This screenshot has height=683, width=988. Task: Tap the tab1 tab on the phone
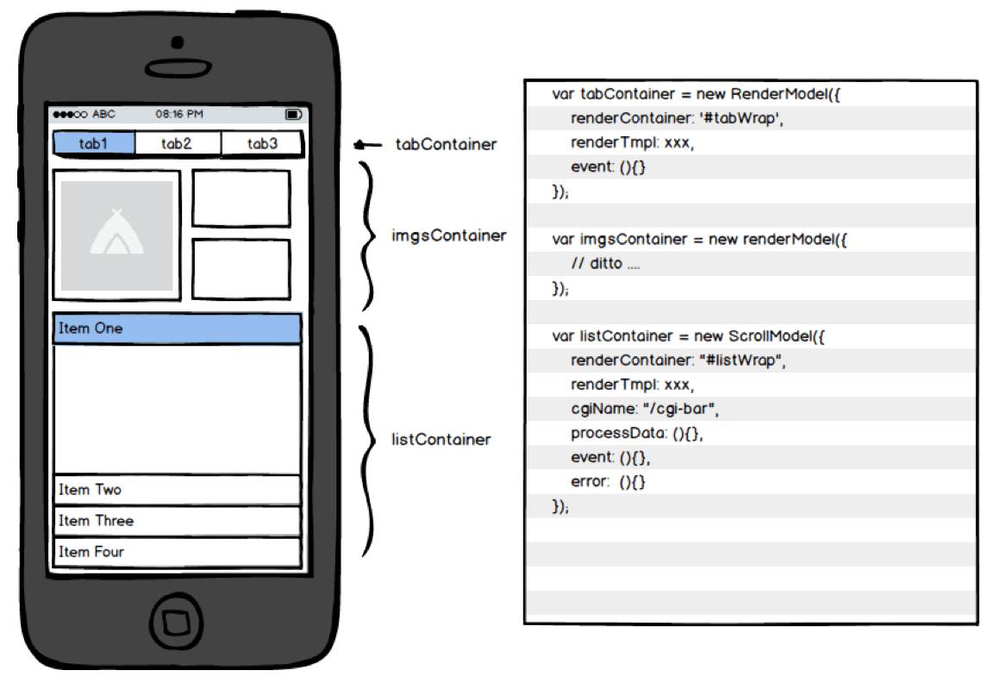[x=94, y=144]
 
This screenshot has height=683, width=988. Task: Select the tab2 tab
[x=177, y=144]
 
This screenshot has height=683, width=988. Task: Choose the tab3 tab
[x=262, y=144]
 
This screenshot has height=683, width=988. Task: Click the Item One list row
[x=177, y=329]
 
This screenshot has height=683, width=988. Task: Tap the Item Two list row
[x=177, y=490]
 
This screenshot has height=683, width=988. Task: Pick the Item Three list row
[x=177, y=521]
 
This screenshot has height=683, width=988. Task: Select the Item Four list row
[x=177, y=552]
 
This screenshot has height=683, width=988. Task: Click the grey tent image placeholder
[x=116, y=235]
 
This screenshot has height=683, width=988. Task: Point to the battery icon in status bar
[x=293, y=114]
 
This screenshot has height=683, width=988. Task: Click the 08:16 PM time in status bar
[x=179, y=114]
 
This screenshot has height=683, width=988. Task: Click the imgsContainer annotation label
[x=448, y=235]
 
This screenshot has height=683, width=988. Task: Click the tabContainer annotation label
[x=446, y=145]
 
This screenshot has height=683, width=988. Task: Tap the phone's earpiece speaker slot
[x=178, y=66]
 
